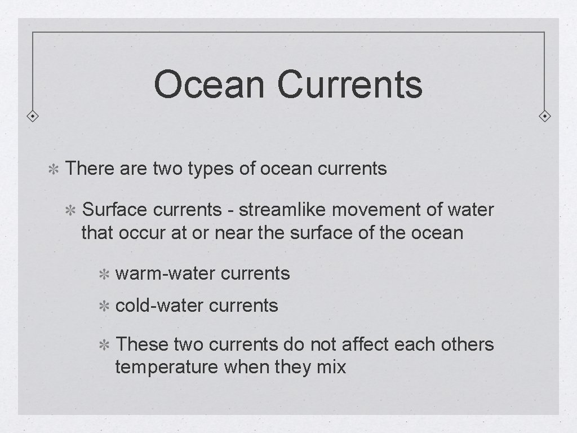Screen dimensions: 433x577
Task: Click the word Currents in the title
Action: (349, 85)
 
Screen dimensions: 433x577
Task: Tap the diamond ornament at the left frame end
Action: (33, 117)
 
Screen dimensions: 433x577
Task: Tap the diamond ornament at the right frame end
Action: (545, 117)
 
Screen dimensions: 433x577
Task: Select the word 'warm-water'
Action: (165, 274)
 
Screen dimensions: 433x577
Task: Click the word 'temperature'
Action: (166, 368)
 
